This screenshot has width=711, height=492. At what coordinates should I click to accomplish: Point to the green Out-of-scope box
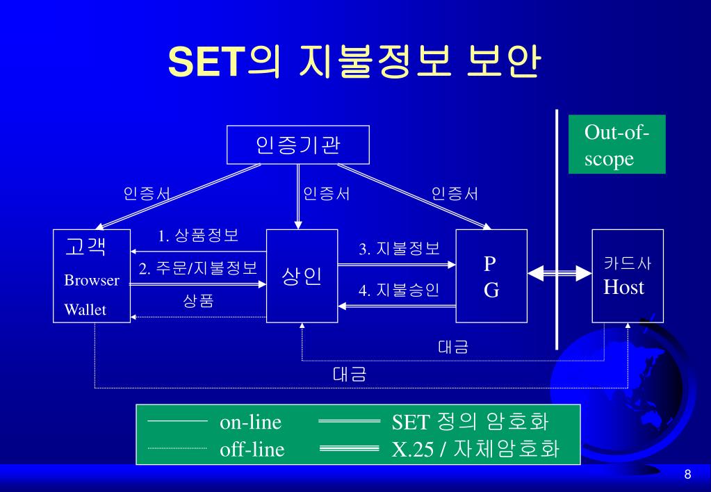tap(616, 145)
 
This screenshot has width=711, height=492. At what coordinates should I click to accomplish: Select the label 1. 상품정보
tap(198, 236)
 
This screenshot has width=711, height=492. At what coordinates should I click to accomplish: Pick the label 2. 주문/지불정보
tap(198, 268)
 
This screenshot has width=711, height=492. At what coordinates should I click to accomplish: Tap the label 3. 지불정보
tap(399, 248)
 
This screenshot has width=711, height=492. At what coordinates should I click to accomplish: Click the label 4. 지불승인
tap(399, 290)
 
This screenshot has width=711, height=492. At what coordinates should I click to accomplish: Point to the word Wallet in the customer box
tap(85, 310)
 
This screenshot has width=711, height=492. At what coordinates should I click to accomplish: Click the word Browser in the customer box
tap(92, 281)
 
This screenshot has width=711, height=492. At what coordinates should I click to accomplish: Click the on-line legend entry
tap(251, 423)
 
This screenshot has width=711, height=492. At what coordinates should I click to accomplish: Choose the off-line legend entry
tap(252, 450)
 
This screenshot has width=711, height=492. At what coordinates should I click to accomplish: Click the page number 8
tap(687, 475)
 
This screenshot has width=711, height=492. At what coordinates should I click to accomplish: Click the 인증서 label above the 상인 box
tap(326, 194)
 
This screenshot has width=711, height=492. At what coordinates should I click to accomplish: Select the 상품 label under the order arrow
tap(198, 301)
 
